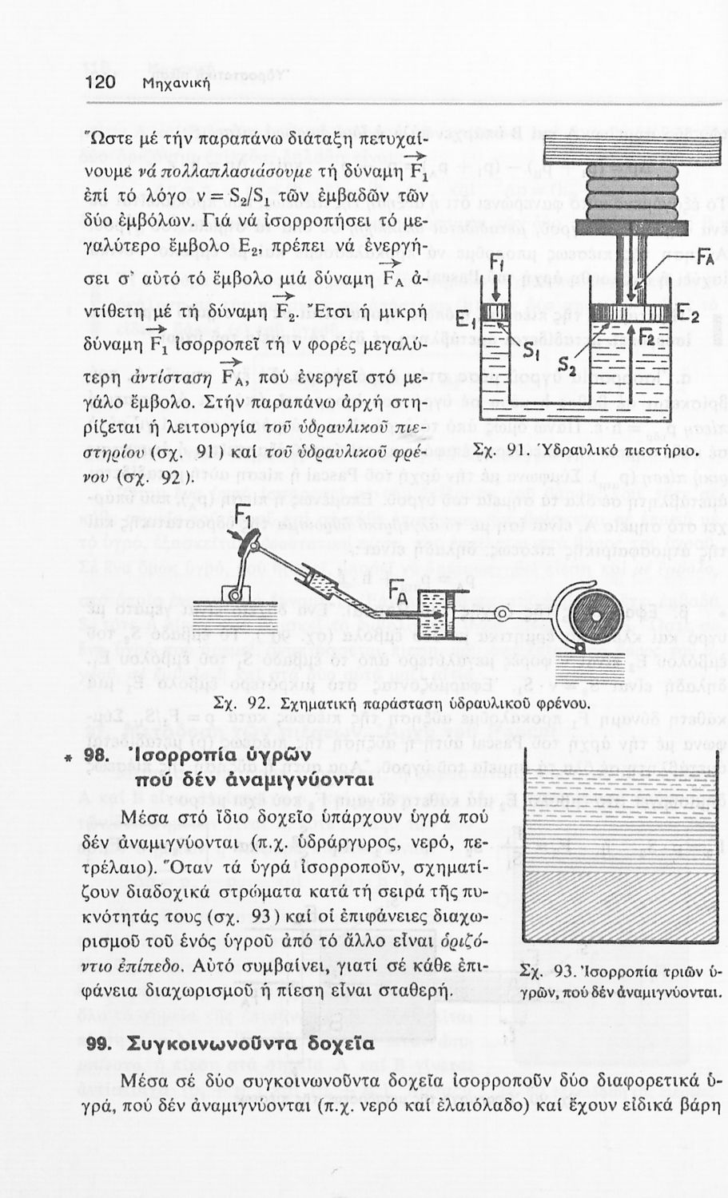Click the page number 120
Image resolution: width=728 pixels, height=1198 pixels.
[101, 82]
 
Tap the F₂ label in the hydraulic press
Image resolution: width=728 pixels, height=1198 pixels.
[645, 337]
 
